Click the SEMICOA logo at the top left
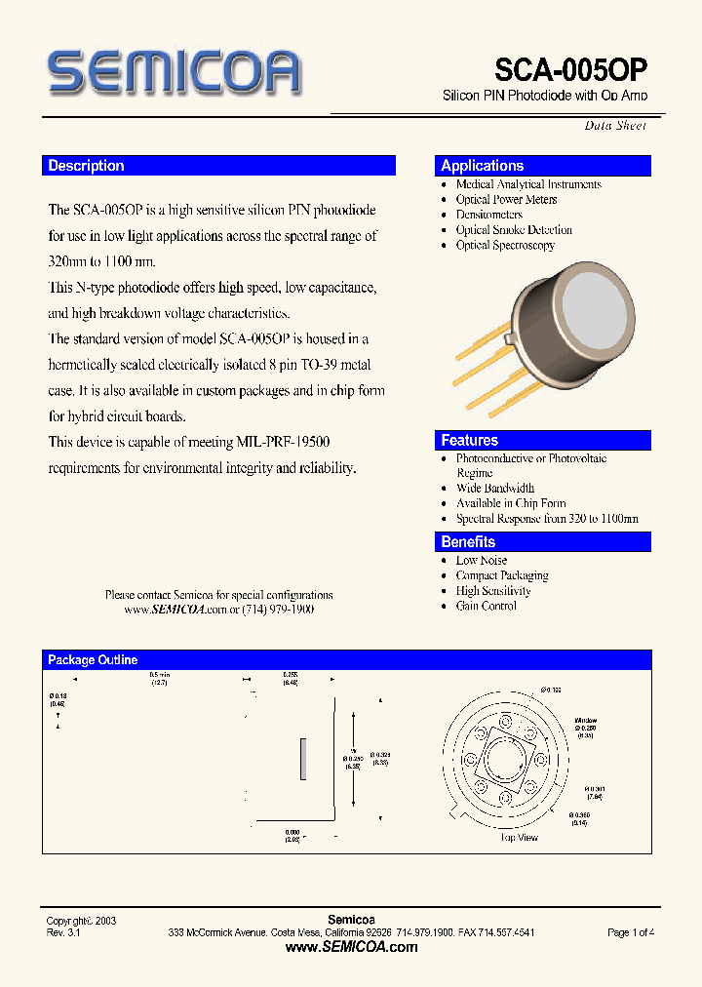(x=174, y=73)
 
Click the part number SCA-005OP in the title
(x=570, y=70)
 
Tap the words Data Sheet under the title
(x=614, y=125)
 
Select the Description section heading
(x=87, y=166)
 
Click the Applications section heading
(x=482, y=166)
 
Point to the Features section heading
(x=469, y=440)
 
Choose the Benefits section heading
(x=468, y=542)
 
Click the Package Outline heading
(x=93, y=660)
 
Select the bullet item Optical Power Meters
(x=506, y=199)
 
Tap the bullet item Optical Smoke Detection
(x=514, y=230)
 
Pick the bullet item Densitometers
(x=489, y=215)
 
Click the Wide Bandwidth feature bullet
(x=495, y=488)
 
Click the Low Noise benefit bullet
(x=482, y=560)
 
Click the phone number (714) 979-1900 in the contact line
(x=277, y=609)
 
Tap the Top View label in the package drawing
(x=519, y=838)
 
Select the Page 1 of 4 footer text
(x=630, y=932)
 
